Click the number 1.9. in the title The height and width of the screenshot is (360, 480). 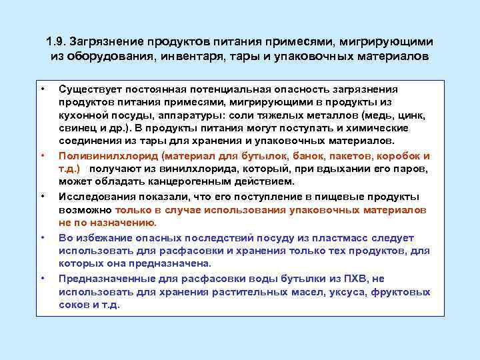coord(59,41)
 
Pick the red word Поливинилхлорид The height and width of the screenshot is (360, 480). coord(101,156)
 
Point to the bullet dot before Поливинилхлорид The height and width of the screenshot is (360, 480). coord(42,156)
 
